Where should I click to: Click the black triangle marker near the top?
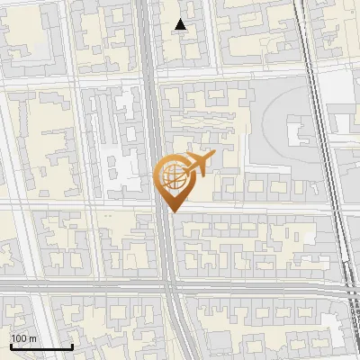[x=182, y=25]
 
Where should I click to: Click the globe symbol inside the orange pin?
[x=173, y=175]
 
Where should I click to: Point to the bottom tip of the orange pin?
[x=173, y=211]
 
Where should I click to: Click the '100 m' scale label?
[x=24, y=338]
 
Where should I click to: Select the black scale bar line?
[x=41, y=346]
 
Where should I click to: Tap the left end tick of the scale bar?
[x=12, y=346]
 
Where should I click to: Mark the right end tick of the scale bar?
[x=72, y=346]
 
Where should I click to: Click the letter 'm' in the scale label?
[x=34, y=338]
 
